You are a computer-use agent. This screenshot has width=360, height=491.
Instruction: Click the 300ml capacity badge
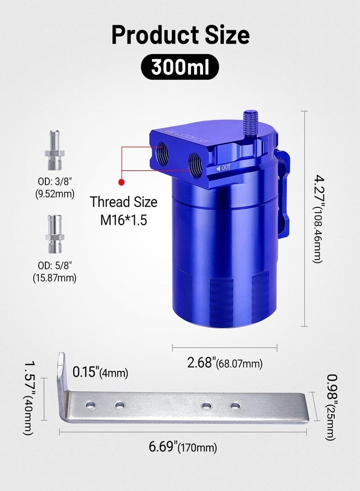(x=179, y=67)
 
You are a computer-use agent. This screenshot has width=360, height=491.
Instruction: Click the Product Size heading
(x=181, y=34)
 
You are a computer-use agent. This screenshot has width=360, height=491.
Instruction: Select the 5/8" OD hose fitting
(x=55, y=233)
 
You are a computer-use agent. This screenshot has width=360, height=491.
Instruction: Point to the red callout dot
(x=122, y=182)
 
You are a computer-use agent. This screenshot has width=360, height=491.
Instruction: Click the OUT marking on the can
(x=223, y=168)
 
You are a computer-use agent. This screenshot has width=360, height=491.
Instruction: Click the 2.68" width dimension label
(x=225, y=363)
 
